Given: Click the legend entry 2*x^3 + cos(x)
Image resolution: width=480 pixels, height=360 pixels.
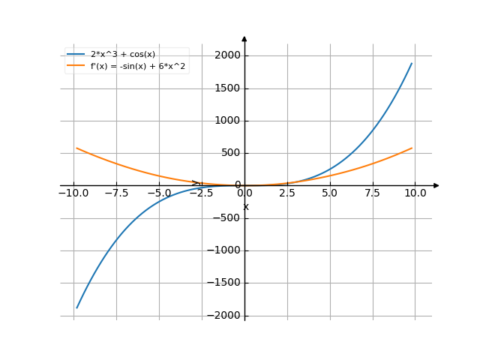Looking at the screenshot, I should coord(122,54).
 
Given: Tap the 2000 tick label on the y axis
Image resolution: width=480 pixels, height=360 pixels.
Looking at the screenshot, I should coord(226,55).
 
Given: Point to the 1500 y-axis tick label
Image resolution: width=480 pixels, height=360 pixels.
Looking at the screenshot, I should coord(226,88).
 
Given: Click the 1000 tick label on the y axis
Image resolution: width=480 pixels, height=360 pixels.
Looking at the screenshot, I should coord(226,121).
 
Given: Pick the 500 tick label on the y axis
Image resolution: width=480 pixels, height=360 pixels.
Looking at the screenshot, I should coord(229,153).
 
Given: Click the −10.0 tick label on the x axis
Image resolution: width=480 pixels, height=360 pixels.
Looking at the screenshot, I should coord(73,193).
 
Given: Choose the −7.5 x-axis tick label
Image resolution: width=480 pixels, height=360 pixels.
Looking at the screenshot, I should coord(116,193).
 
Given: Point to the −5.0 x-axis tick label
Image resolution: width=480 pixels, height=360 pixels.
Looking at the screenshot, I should coord(159,193).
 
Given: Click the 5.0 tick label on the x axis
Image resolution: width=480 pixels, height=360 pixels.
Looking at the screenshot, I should coord(330,193).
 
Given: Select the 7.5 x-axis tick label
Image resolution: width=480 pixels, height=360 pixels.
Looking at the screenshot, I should coord(373,193).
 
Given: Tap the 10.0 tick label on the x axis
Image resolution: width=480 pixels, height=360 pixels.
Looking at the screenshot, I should coord(415,193).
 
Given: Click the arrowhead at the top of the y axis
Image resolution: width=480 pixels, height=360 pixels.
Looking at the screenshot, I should coord(244,38).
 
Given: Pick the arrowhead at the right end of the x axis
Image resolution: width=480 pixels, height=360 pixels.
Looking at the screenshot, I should coord(436,185).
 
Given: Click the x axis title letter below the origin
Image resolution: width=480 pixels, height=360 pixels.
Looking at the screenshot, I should coord(245,207).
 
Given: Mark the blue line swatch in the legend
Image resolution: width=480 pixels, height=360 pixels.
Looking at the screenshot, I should coord(76,54).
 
